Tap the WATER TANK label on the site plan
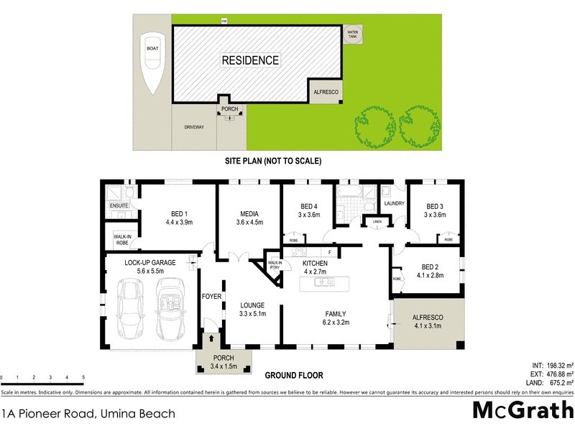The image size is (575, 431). (353, 34)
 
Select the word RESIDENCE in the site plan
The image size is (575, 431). (250, 60)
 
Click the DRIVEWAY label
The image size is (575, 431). (195, 127)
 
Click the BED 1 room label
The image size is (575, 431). (180, 217)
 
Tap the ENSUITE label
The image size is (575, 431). (119, 206)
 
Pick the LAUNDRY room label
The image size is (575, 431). (395, 203)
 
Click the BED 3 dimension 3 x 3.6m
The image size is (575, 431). (436, 214)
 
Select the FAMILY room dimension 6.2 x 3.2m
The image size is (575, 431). (335, 323)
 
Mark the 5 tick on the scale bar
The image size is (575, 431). (83, 378)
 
